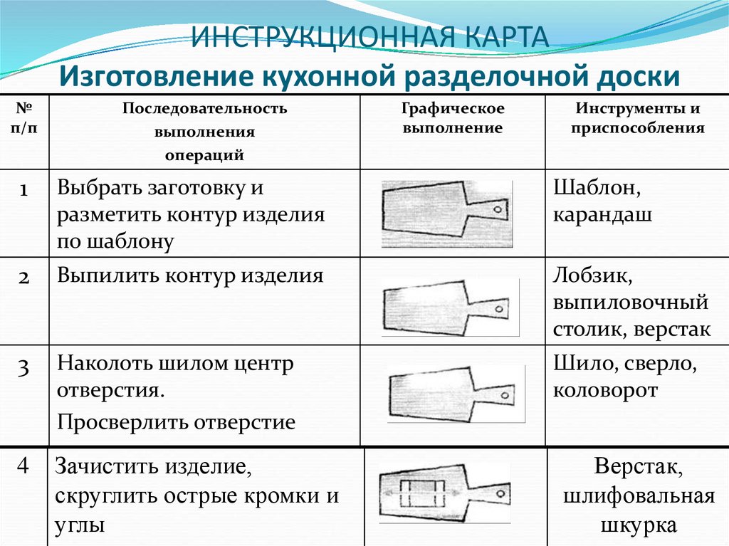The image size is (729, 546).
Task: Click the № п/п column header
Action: (23, 117)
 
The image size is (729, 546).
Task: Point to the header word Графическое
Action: (453, 109)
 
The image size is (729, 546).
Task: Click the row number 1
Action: (24, 190)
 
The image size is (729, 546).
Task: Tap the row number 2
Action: (24, 278)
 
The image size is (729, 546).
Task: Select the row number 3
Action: (24, 367)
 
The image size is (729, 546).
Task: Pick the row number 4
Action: (23, 465)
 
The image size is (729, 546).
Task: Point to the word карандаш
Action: (602, 215)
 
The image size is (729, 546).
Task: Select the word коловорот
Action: (605, 390)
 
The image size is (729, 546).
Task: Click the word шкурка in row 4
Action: (639, 525)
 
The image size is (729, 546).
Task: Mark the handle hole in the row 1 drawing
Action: (498, 209)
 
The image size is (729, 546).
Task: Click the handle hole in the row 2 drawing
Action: (500, 309)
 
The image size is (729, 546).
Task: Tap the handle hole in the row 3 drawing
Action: (505, 397)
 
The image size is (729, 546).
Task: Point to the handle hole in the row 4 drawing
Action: (501, 493)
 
